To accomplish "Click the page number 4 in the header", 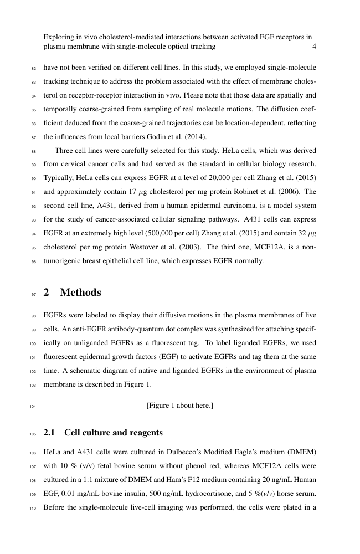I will pyautogui.click(x=314, y=47).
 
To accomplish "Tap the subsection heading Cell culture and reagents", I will pyautogui.click(x=114, y=432).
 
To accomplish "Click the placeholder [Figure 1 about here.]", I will pyautogui.click(x=180, y=406).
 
